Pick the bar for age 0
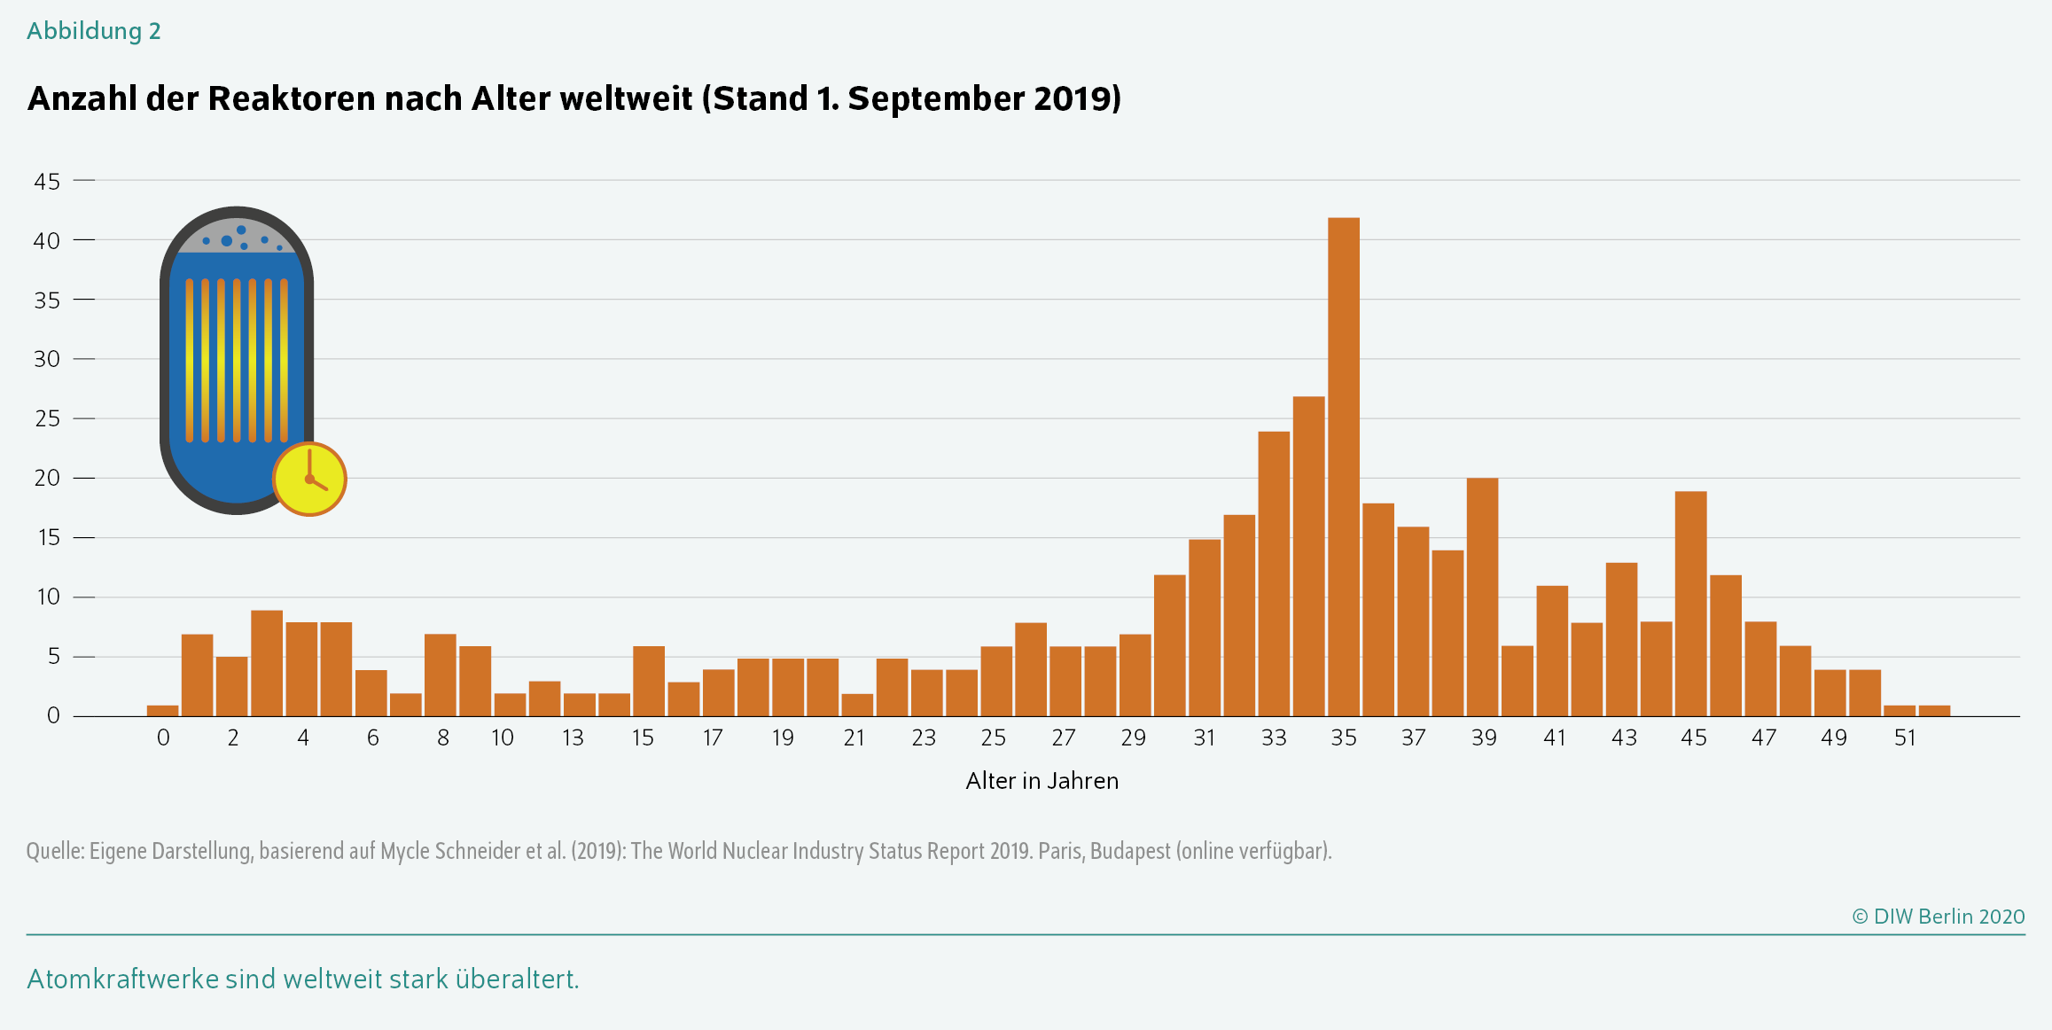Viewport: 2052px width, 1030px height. click(x=162, y=710)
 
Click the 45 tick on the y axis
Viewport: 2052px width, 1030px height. click(x=47, y=182)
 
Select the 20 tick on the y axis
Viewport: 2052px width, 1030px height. click(x=47, y=479)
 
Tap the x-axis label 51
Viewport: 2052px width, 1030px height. click(x=1905, y=738)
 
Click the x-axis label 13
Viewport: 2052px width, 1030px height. click(x=573, y=738)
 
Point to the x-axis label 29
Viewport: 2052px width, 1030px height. click(x=1133, y=738)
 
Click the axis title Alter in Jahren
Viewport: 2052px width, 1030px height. click(x=1042, y=781)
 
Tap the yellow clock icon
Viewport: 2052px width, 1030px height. click(x=309, y=479)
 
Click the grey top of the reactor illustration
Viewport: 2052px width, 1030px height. click(x=236, y=235)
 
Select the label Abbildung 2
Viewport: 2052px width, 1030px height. click(x=93, y=31)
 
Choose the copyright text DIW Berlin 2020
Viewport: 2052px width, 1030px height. click(x=1939, y=917)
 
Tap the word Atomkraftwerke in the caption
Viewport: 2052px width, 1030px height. click(x=123, y=979)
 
